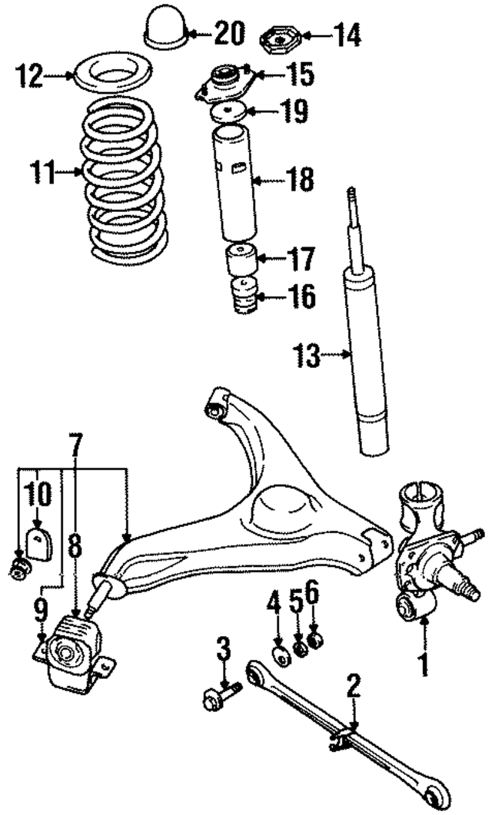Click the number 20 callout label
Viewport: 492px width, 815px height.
coord(228,34)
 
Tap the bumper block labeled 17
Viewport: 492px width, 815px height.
coord(241,260)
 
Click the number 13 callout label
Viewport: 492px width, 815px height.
coord(307,356)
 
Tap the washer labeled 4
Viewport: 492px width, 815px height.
coord(282,655)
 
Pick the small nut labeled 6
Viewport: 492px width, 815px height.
coord(314,639)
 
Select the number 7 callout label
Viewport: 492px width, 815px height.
coord(75,443)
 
